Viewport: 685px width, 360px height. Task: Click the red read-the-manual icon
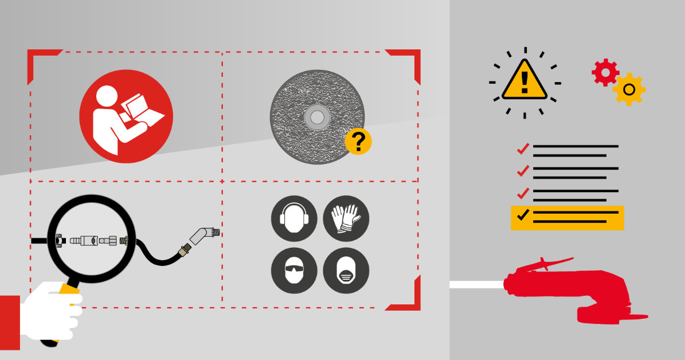(126, 116)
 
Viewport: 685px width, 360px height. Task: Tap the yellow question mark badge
(358, 141)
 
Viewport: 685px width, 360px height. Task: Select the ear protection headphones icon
(294, 218)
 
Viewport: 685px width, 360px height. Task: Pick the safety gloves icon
(346, 218)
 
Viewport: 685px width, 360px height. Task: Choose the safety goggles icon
(294, 271)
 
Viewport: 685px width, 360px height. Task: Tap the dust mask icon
(346, 271)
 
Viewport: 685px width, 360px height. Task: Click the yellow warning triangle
(524, 80)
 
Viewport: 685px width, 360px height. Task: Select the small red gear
(605, 73)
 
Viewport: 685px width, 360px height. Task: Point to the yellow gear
(629, 89)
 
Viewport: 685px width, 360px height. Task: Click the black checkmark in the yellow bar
(522, 215)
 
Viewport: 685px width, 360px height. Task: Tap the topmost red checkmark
(522, 149)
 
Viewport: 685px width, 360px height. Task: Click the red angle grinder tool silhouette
(573, 289)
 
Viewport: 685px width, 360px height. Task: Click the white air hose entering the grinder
(476, 284)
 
